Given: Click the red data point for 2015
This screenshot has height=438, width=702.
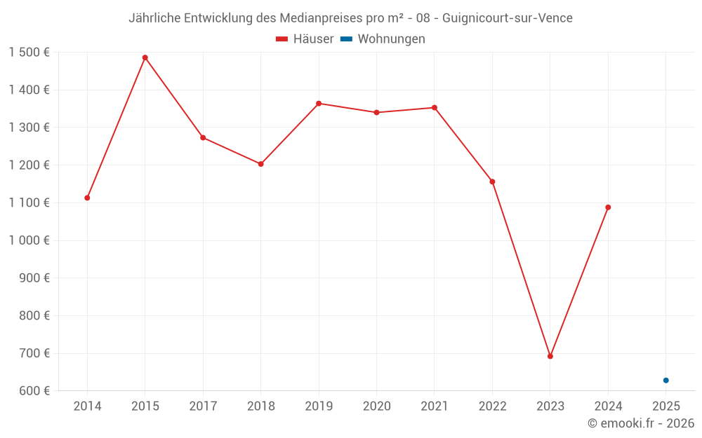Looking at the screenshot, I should (x=145, y=57).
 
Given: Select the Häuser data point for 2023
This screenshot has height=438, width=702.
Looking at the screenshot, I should (x=550, y=356).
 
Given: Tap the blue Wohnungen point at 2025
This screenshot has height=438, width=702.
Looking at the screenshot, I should (x=666, y=381).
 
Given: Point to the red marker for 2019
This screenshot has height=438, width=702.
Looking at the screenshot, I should (x=319, y=104).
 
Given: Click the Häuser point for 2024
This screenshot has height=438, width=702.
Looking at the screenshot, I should (x=608, y=207).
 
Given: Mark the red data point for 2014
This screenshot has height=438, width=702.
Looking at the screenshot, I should (x=87, y=198).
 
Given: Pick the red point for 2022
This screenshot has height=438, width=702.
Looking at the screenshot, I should (x=492, y=182).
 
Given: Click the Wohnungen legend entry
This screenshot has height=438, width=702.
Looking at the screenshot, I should (x=391, y=39).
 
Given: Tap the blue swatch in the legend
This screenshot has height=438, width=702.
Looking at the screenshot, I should (x=346, y=39).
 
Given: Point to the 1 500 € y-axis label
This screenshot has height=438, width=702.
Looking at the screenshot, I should (x=29, y=53).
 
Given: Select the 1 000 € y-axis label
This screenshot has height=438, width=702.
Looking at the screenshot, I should (x=29, y=240).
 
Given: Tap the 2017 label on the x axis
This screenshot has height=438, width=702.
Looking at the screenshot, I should (x=203, y=406).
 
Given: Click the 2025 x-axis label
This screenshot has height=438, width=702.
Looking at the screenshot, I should (x=666, y=406).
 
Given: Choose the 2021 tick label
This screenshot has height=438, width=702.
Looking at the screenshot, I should (x=435, y=406).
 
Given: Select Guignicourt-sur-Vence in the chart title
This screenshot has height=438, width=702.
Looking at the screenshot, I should (x=508, y=18).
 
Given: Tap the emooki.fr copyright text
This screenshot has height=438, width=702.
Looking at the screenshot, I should (x=641, y=423).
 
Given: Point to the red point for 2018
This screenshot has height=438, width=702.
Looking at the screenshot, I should (x=261, y=164).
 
